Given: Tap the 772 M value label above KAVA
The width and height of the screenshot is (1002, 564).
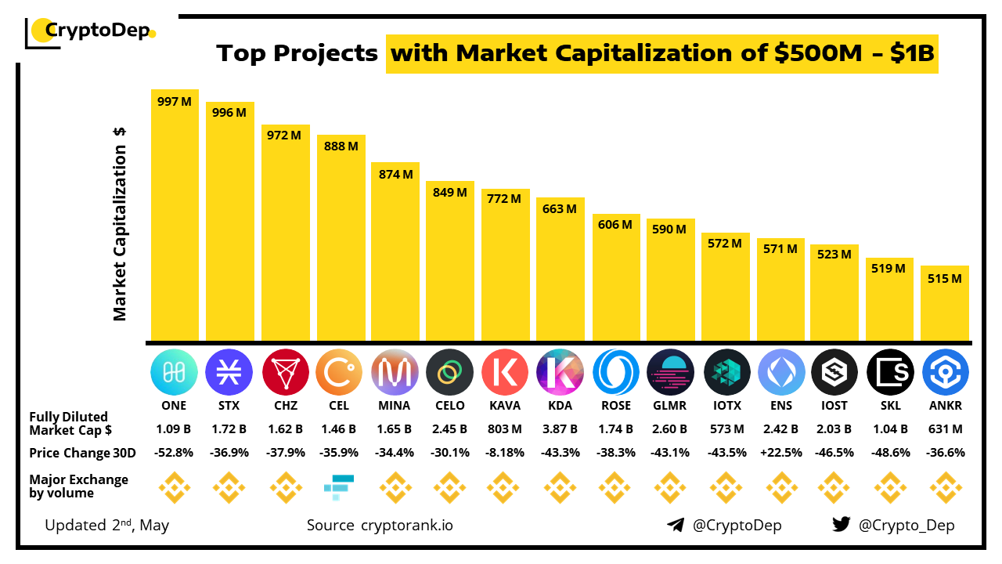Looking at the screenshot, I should click(505, 199).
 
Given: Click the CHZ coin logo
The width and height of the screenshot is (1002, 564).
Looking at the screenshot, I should click(285, 371).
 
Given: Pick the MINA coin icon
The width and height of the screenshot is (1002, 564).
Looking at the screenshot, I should click(395, 371).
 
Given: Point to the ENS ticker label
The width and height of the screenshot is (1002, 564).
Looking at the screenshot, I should click(780, 406).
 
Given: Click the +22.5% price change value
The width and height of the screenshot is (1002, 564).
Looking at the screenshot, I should click(780, 453).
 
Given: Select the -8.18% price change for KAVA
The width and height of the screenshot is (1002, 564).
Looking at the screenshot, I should click(505, 453).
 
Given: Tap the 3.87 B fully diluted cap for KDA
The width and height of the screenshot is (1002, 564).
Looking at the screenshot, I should click(560, 429).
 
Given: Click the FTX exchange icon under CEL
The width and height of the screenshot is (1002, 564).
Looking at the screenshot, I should click(339, 487).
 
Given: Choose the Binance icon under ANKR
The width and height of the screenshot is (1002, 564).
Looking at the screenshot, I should click(945, 487).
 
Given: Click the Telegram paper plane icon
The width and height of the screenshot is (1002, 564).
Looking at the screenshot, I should click(676, 525).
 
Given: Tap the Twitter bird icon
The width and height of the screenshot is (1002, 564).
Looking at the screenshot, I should click(841, 525).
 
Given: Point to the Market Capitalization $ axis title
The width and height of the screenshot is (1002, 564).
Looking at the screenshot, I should click(120, 224).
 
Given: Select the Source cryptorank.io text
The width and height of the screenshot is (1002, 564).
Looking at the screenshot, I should click(380, 525).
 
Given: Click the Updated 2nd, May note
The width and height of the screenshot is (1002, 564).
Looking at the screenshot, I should click(107, 525).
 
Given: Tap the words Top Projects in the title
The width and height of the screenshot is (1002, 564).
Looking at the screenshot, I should click(297, 53).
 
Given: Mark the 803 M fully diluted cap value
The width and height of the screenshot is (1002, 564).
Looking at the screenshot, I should click(505, 429).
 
